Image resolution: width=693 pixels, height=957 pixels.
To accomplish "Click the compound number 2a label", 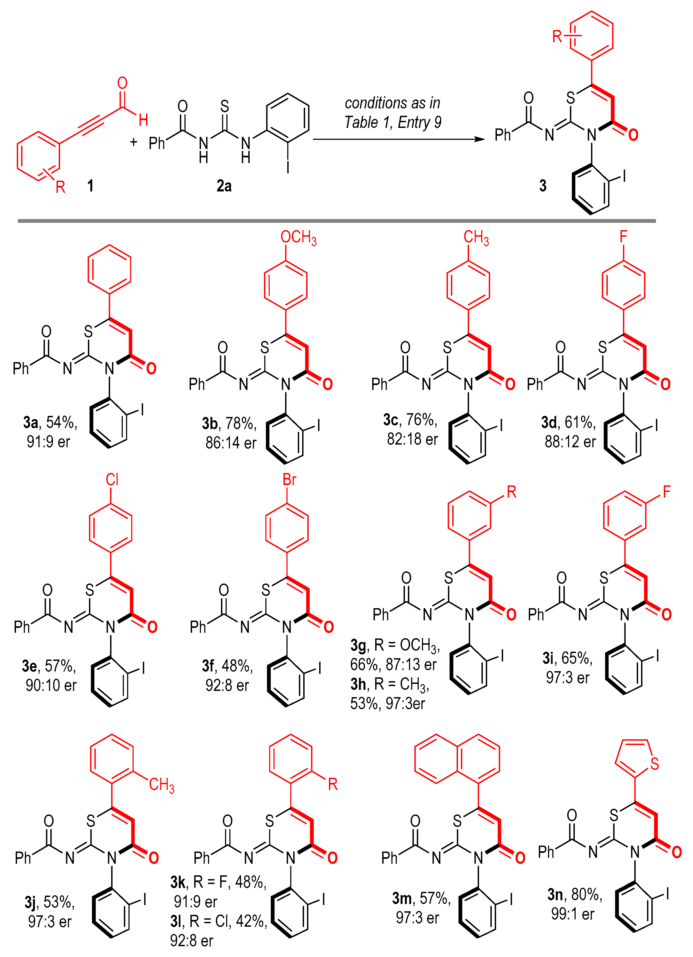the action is pos(224,186).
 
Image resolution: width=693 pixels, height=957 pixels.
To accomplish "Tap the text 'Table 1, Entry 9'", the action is pos(392,122).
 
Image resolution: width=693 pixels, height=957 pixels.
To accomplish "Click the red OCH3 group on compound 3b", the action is pos(298,238).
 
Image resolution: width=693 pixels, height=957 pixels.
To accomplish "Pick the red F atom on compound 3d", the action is pos(623,236).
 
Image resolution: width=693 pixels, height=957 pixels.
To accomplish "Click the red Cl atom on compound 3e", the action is pos(112,479).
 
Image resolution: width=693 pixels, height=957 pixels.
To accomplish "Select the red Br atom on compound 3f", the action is pos(289,479).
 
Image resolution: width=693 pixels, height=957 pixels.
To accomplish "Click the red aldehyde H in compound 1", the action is pos(143,120).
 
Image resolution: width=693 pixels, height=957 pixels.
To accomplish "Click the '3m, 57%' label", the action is pos(421,898).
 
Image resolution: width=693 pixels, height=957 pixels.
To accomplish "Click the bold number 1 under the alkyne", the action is pos(90,186).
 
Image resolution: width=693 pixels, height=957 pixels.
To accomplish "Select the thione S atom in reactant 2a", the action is pos(225,106).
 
